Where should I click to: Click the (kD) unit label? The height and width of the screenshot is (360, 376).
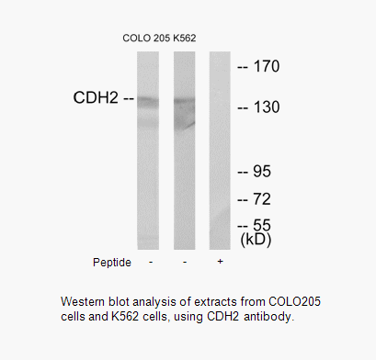pyautogui.click(x=260, y=241)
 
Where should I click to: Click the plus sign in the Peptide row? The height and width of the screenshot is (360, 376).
pyautogui.click(x=219, y=262)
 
